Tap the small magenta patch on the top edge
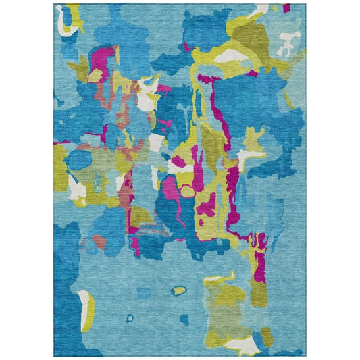pos(286,7)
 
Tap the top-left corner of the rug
pos(54,4)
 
